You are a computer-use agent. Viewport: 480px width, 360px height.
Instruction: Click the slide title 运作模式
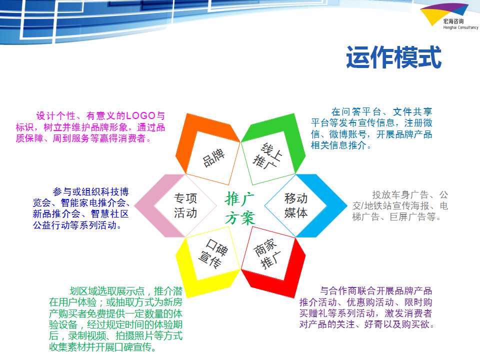(x=393, y=57)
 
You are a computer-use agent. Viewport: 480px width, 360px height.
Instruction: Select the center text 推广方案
(x=239, y=208)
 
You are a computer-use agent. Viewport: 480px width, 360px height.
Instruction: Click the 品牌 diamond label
(x=213, y=157)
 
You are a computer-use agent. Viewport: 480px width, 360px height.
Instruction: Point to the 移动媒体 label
(x=295, y=205)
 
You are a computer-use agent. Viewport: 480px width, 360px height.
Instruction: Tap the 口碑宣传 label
(x=213, y=254)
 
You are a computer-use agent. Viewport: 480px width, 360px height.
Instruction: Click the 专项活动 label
(x=185, y=205)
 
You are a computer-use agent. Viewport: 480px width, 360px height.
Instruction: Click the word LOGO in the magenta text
(x=141, y=115)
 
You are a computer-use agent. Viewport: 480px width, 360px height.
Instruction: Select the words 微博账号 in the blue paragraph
(x=348, y=134)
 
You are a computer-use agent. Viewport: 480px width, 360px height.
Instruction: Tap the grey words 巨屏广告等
(x=412, y=217)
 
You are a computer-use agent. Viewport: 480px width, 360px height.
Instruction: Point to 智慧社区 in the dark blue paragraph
(x=109, y=213)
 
